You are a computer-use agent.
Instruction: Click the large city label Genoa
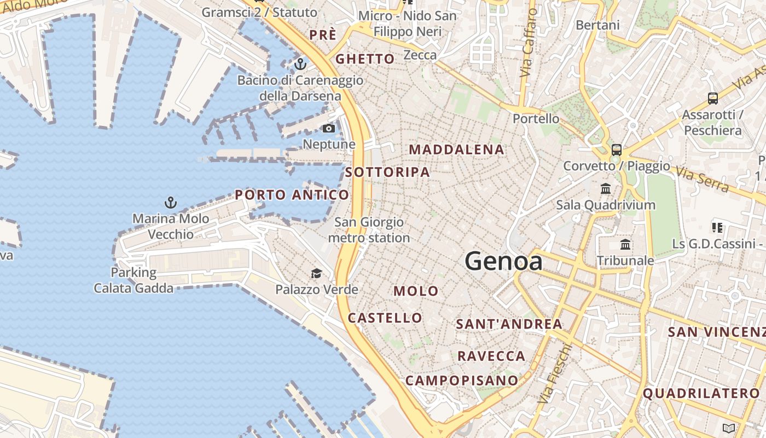tap(503, 261)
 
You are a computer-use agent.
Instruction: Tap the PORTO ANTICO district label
tap(292, 195)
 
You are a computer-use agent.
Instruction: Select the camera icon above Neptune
tap(328, 129)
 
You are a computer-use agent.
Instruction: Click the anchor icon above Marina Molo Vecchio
tap(171, 203)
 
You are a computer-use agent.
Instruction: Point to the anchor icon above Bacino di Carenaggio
tap(300, 65)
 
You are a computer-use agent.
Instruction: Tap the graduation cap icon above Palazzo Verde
tap(316, 274)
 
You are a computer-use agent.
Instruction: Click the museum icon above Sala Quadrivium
tap(606, 189)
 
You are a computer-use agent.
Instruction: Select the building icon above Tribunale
tap(625, 244)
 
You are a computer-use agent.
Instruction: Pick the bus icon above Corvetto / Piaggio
tap(617, 149)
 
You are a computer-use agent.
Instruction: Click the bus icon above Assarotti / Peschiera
tap(712, 99)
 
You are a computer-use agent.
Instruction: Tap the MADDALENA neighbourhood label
tap(456, 149)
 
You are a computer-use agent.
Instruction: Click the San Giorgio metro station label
tap(369, 230)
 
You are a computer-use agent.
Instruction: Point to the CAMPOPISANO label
tap(462, 380)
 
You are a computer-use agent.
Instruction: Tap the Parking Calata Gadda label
tap(134, 280)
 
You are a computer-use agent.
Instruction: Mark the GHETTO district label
tap(364, 59)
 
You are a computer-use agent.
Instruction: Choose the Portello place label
tap(536, 119)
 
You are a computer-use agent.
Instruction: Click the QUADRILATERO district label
tap(701, 393)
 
